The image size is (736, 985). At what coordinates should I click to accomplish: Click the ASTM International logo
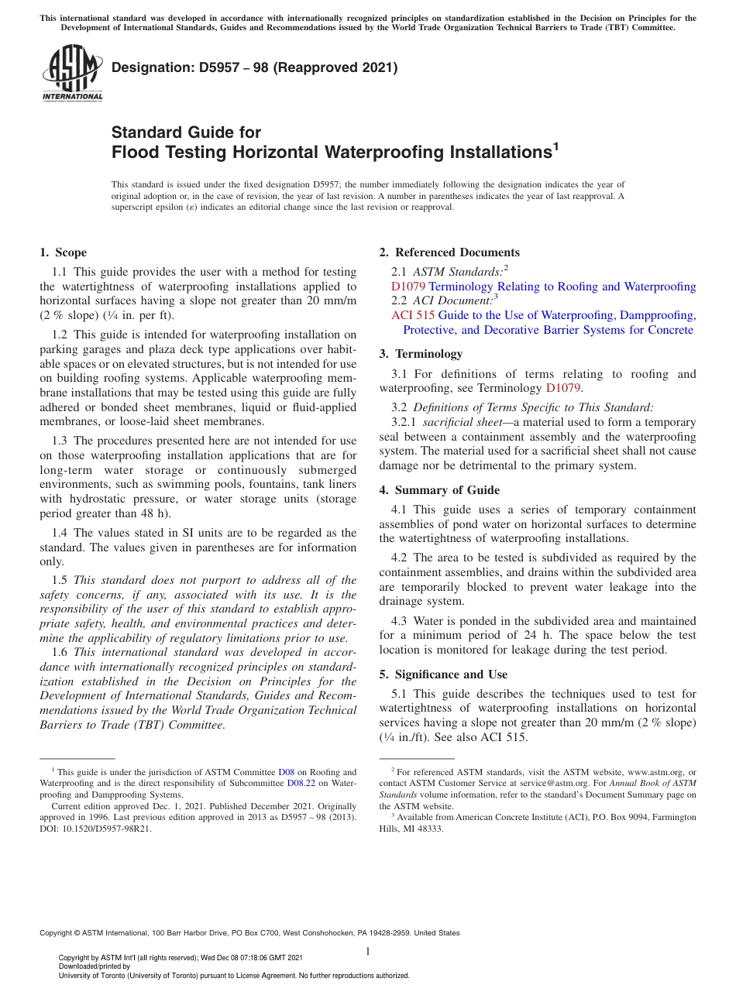(71, 73)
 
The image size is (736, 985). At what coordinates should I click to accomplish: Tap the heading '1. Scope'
(63, 252)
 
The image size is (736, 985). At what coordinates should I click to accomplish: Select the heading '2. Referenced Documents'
(449, 252)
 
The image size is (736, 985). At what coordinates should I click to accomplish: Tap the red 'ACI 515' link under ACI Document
(412, 315)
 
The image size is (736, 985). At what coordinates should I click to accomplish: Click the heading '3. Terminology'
(421, 354)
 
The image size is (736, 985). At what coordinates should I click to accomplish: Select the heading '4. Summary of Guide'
(439, 490)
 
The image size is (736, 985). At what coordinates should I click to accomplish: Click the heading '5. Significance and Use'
(443, 674)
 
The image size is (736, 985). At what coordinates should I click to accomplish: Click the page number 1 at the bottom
(368, 951)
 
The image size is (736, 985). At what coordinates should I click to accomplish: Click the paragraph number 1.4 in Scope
(60, 533)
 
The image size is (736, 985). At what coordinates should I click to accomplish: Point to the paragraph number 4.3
(400, 621)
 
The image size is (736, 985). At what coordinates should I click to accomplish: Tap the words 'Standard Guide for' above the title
(186, 132)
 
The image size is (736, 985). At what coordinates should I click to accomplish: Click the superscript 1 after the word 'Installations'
(555, 146)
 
